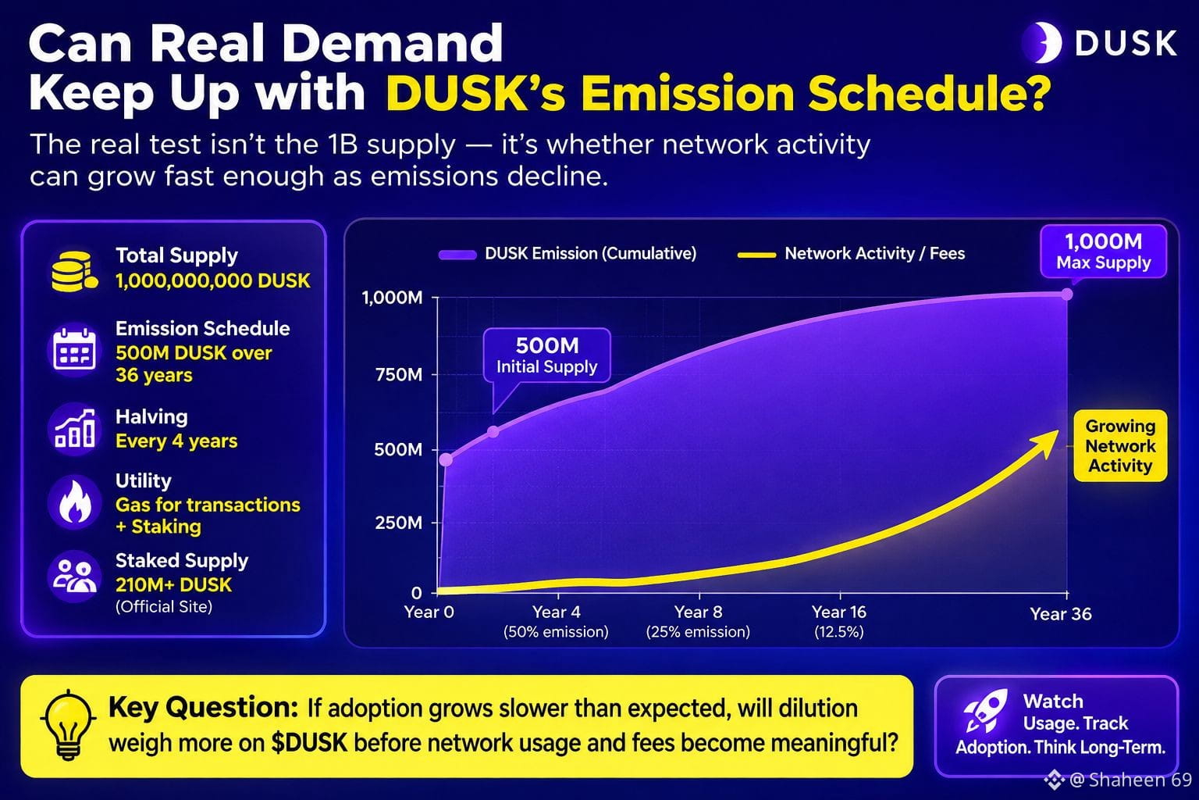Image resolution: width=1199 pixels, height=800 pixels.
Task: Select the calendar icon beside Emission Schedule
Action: tap(74, 349)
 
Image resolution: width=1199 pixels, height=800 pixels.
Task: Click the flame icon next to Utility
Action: tap(74, 502)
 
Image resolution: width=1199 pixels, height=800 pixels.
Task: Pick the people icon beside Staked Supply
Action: tap(74, 576)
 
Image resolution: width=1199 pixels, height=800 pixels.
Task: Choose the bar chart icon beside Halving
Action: tap(74, 429)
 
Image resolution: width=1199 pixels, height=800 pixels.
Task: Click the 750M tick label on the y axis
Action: tap(399, 374)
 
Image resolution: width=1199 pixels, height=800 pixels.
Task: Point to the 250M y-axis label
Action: tap(399, 523)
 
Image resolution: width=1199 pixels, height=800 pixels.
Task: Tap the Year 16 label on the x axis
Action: tap(839, 612)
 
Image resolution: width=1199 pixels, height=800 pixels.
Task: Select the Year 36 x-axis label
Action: tap(1060, 614)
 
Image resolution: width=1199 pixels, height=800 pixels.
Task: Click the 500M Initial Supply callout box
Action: tap(546, 355)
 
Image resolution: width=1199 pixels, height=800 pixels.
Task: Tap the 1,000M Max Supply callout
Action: tap(1103, 252)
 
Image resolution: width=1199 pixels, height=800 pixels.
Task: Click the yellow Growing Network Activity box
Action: tap(1120, 446)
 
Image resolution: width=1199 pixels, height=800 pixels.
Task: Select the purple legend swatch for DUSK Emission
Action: tap(457, 255)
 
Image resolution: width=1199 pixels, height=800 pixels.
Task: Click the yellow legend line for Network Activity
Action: tap(756, 255)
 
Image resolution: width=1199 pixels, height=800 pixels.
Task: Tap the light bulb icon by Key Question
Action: tap(67, 724)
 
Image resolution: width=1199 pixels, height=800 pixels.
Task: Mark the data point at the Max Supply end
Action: tap(1067, 295)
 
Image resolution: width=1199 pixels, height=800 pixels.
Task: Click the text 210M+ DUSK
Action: tap(173, 584)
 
